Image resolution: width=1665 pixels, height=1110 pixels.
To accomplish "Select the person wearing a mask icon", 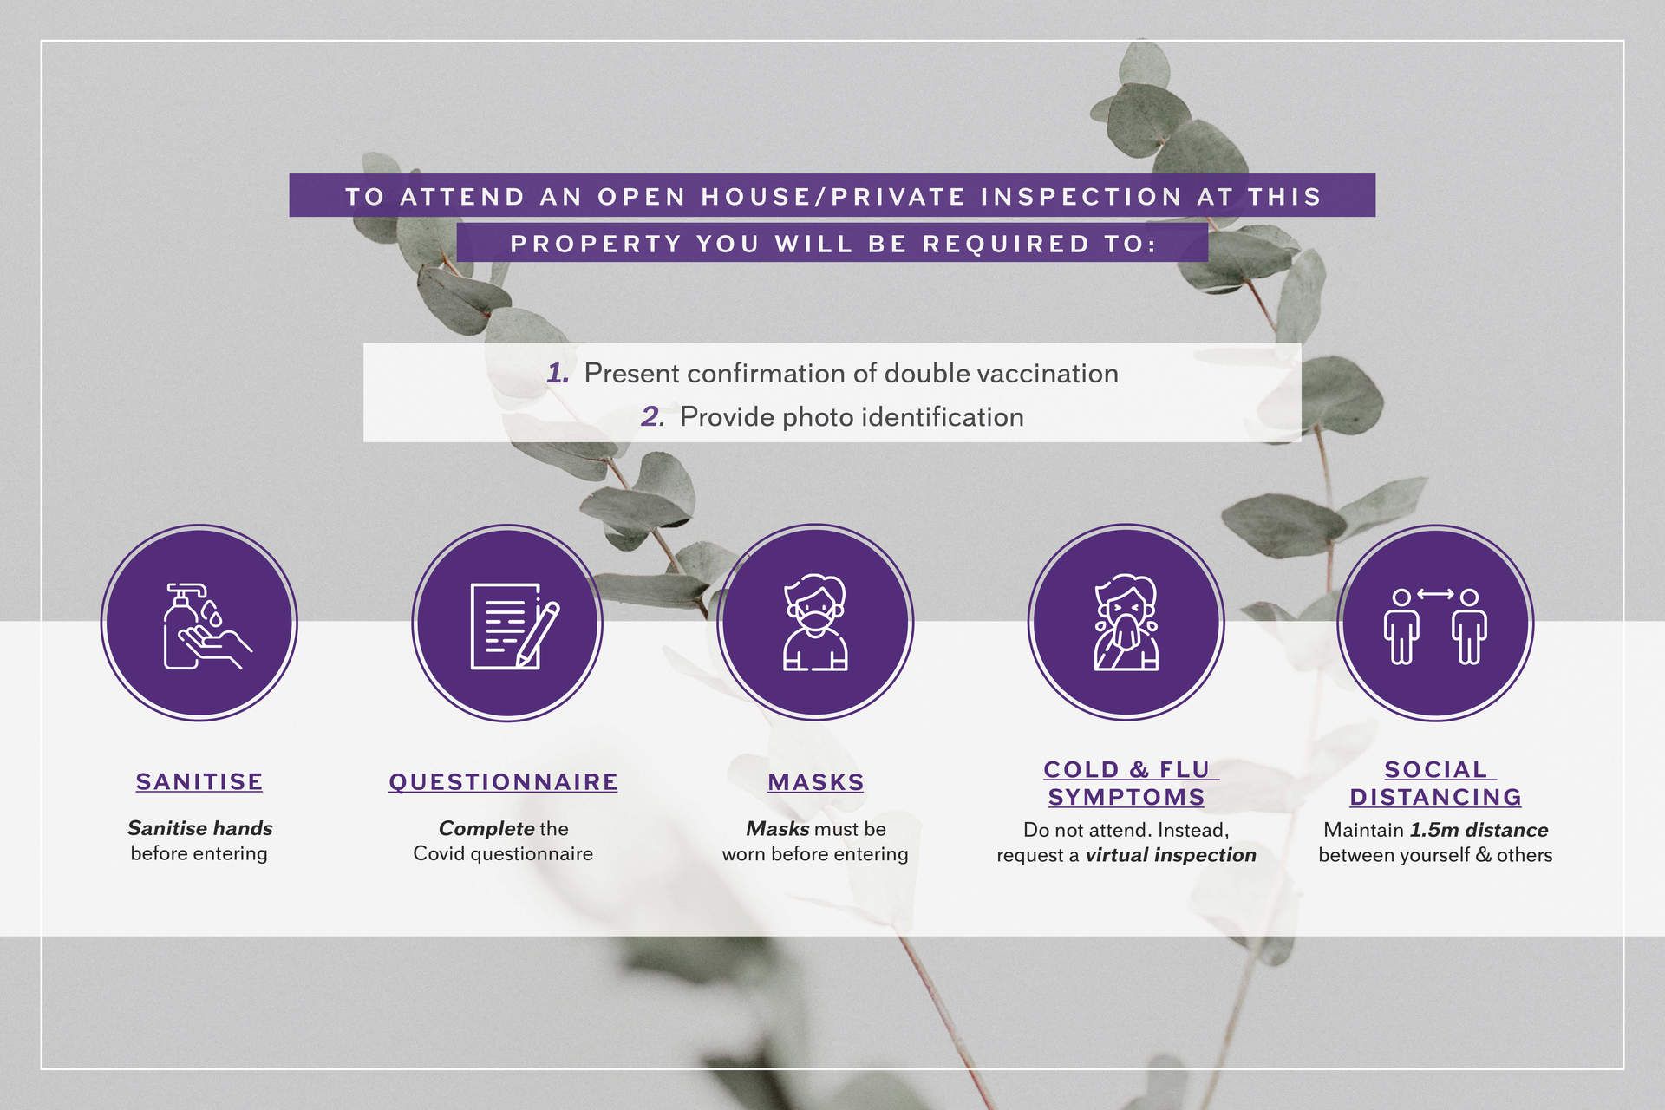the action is pyautogui.click(x=815, y=623).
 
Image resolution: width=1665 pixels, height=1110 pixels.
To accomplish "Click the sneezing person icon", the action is pyautogui.click(x=1126, y=623).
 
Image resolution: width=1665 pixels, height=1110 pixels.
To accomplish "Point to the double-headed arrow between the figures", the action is pyautogui.click(x=1435, y=594).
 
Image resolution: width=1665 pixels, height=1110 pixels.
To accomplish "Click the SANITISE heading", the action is pyautogui.click(x=199, y=781).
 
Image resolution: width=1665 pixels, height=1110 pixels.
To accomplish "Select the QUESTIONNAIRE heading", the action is pyautogui.click(x=503, y=781).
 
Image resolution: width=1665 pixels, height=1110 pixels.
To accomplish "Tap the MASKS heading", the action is pyautogui.click(x=815, y=782).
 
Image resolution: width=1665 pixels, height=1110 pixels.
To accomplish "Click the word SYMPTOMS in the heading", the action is pyautogui.click(x=1126, y=797).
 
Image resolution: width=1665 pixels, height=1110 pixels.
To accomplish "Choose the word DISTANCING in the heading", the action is pyautogui.click(x=1436, y=797).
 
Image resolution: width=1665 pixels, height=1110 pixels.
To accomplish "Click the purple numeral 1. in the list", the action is pyautogui.click(x=558, y=374).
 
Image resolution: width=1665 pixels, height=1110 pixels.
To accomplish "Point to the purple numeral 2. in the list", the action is pyautogui.click(x=653, y=417).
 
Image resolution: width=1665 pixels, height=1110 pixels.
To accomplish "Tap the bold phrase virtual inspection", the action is pyautogui.click(x=1171, y=855).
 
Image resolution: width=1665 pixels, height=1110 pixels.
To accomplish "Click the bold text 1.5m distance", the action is pyautogui.click(x=1479, y=830).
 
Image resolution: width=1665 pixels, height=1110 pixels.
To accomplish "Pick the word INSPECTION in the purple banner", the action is pyautogui.click(x=1081, y=197).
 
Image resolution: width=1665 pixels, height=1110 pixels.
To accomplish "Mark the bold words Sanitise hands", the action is pyautogui.click(x=200, y=828).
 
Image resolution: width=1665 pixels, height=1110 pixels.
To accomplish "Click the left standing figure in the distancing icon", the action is pyautogui.click(x=1401, y=627).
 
